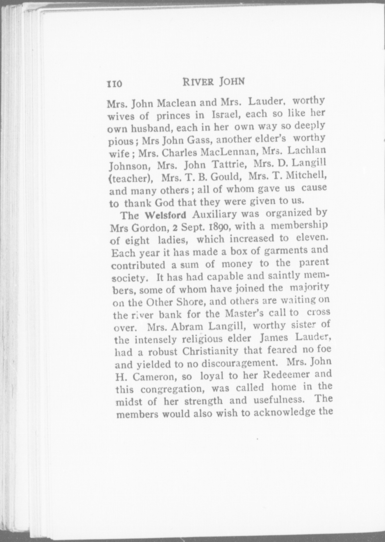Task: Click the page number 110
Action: pos(114,84)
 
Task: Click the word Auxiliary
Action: pos(214,214)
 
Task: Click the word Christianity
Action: pos(210,351)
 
